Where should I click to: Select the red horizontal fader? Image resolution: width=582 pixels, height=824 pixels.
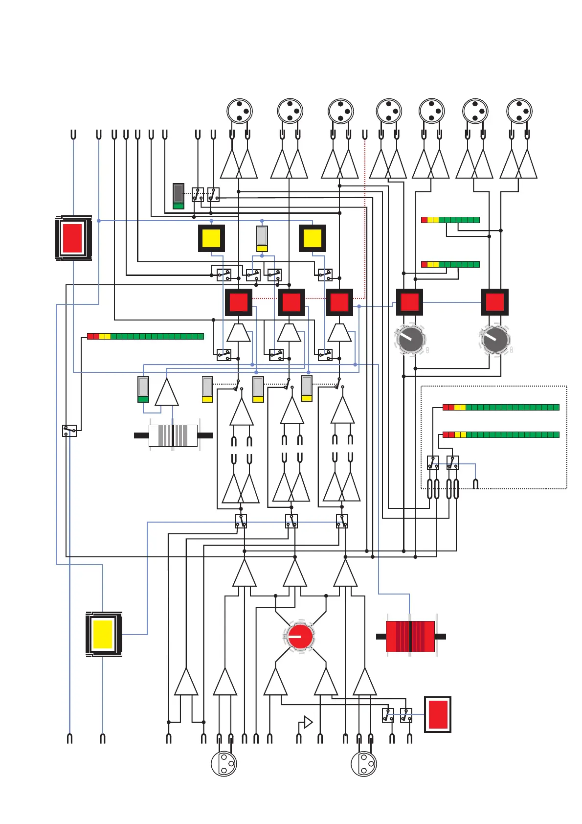[410, 636]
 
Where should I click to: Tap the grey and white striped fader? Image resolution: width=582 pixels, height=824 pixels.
[173, 435]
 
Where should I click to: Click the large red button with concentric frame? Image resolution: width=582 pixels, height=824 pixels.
[73, 238]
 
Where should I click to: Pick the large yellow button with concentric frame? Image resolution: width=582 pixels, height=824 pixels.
[103, 634]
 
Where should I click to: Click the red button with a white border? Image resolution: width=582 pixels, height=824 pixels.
[437, 714]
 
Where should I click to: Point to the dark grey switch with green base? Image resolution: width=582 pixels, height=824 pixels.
[179, 196]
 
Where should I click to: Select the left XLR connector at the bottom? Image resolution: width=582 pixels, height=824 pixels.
[224, 763]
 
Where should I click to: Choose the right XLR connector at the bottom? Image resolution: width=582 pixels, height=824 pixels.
[364, 763]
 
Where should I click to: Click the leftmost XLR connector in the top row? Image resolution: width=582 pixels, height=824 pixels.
[240, 111]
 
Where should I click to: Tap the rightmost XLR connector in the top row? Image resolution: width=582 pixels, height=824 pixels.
[519, 111]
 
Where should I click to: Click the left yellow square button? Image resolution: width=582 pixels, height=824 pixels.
[211, 238]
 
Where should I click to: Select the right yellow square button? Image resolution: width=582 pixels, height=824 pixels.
[313, 238]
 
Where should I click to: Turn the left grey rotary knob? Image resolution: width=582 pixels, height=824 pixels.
[410, 339]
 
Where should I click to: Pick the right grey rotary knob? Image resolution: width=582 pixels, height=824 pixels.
[495, 339]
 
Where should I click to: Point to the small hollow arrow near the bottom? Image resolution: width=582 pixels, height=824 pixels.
[308, 722]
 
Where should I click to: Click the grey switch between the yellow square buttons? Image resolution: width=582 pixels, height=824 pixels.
[262, 238]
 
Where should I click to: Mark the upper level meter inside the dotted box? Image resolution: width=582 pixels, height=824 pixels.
[501, 407]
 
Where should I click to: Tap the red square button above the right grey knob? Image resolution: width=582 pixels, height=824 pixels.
[495, 302]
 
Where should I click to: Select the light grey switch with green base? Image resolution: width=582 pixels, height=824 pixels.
[143, 389]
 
